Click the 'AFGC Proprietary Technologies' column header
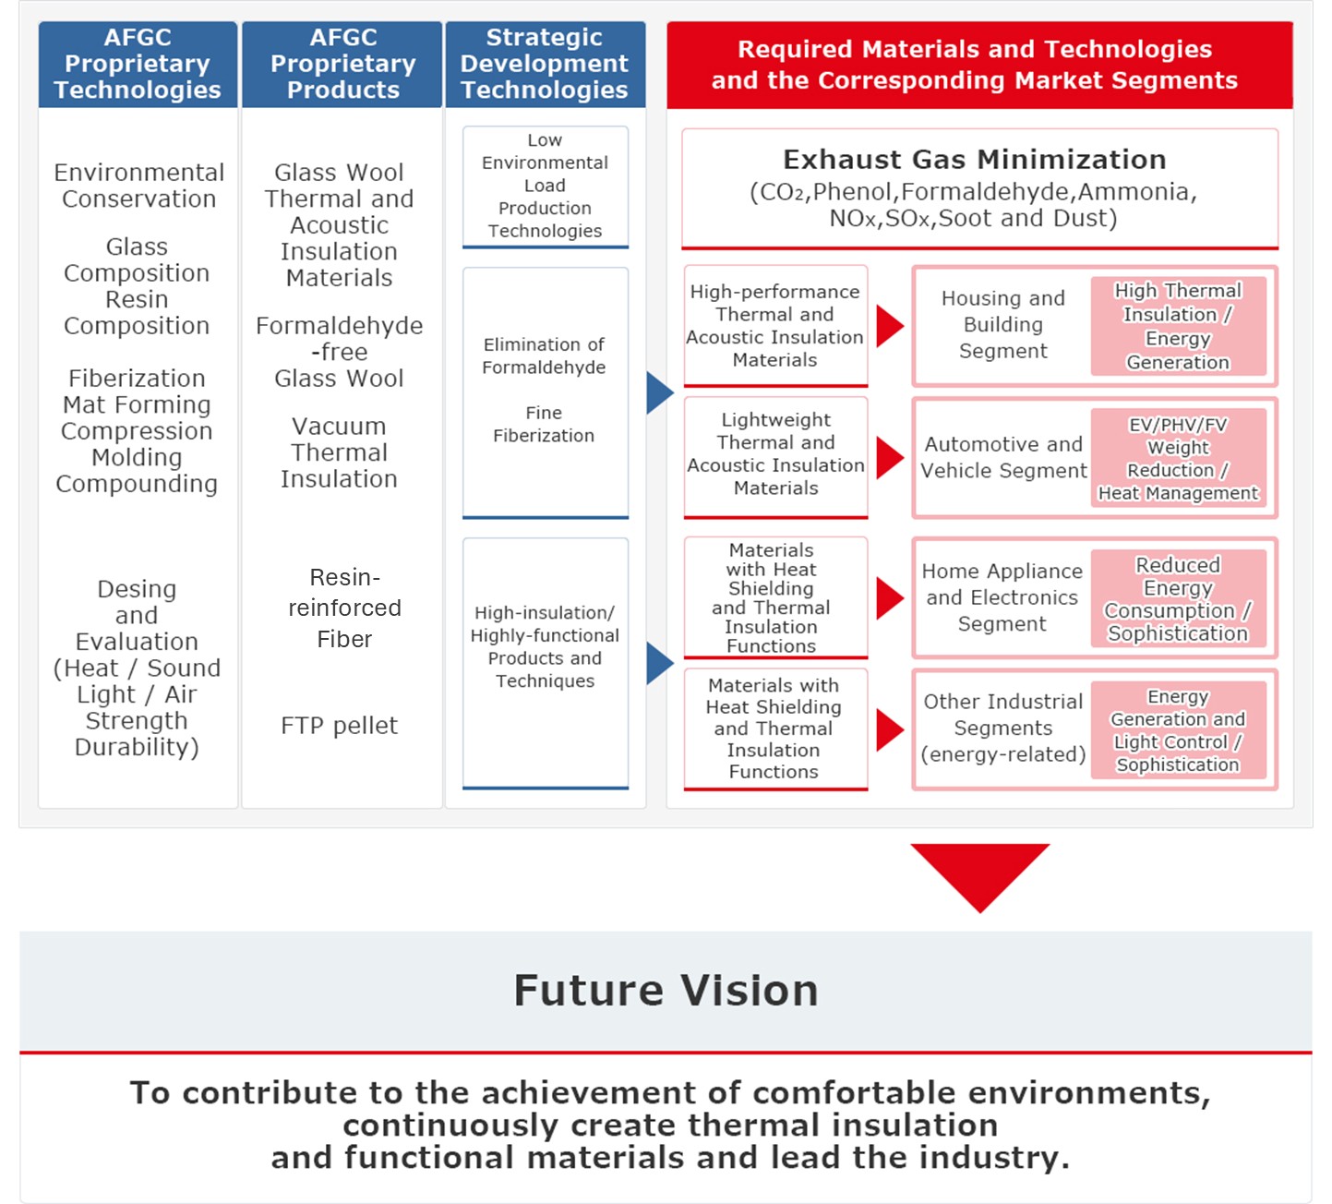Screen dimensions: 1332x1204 [138, 64]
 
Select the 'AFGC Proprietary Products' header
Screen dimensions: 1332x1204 [342, 64]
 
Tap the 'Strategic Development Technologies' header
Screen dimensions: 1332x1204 [546, 64]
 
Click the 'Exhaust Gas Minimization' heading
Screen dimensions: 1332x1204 [974, 160]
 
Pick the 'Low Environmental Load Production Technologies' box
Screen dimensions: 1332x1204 [546, 187]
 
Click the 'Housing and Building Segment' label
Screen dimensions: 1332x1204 [1002, 324]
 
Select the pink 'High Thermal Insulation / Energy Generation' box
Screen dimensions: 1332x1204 [1178, 326]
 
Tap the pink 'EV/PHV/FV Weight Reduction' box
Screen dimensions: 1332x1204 [1178, 459]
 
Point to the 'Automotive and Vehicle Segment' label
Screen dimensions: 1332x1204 [1003, 457]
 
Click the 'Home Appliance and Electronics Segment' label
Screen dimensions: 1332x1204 [1002, 597]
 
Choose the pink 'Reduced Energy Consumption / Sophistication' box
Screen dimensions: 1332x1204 [1178, 598]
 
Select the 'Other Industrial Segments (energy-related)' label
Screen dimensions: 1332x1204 [1002, 728]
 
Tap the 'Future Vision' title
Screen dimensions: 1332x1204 [666, 990]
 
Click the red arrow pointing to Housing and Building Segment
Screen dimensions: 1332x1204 [890, 326]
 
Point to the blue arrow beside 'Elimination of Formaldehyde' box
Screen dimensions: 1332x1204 [660, 392]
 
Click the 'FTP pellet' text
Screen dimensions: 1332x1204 [340, 726]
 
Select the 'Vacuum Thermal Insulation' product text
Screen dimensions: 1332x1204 [340, 451]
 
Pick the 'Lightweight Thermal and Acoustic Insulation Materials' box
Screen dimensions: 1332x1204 [775, 457]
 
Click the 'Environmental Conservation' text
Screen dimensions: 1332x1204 [138, 186]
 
